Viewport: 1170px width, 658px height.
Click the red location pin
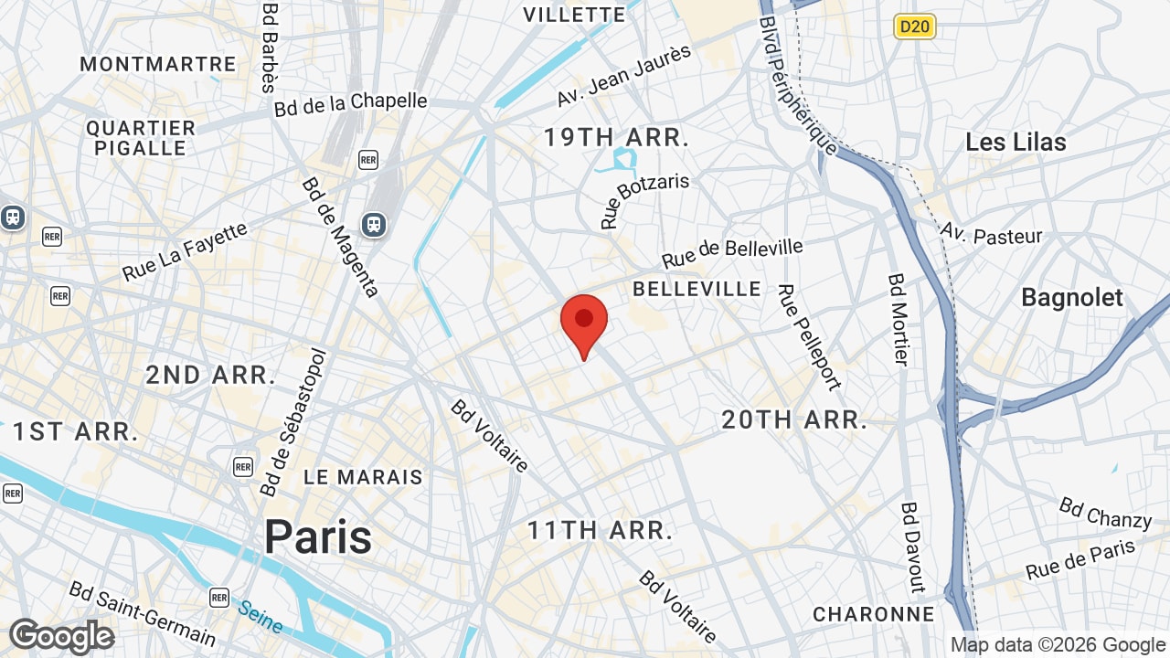[x=584, y=323]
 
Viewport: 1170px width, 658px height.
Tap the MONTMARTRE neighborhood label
[x=158, y=64]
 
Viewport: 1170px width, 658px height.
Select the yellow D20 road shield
[x=914, y=27]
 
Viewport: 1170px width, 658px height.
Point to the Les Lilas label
[x=1016, y=142]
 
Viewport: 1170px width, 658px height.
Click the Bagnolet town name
[x=1071, y=297]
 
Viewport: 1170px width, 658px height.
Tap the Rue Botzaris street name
[x=644, y=199]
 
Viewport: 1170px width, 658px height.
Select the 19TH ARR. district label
[x=616, y=138]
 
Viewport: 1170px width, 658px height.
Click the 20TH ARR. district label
[x=794, y=419]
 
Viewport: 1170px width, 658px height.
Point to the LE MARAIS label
[x=363, y=477]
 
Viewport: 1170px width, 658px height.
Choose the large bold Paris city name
[x=318, y=536]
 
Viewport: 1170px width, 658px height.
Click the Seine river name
[x=260, y=615]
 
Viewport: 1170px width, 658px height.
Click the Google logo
[x=62, y=637]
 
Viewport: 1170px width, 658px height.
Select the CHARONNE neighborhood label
[x=873, y=614]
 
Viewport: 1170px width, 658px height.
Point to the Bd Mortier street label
[x=898, y=319]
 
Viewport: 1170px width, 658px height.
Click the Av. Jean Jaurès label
[x=624, y=75]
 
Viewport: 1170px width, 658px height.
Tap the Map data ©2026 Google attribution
[x=1058, y=645]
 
